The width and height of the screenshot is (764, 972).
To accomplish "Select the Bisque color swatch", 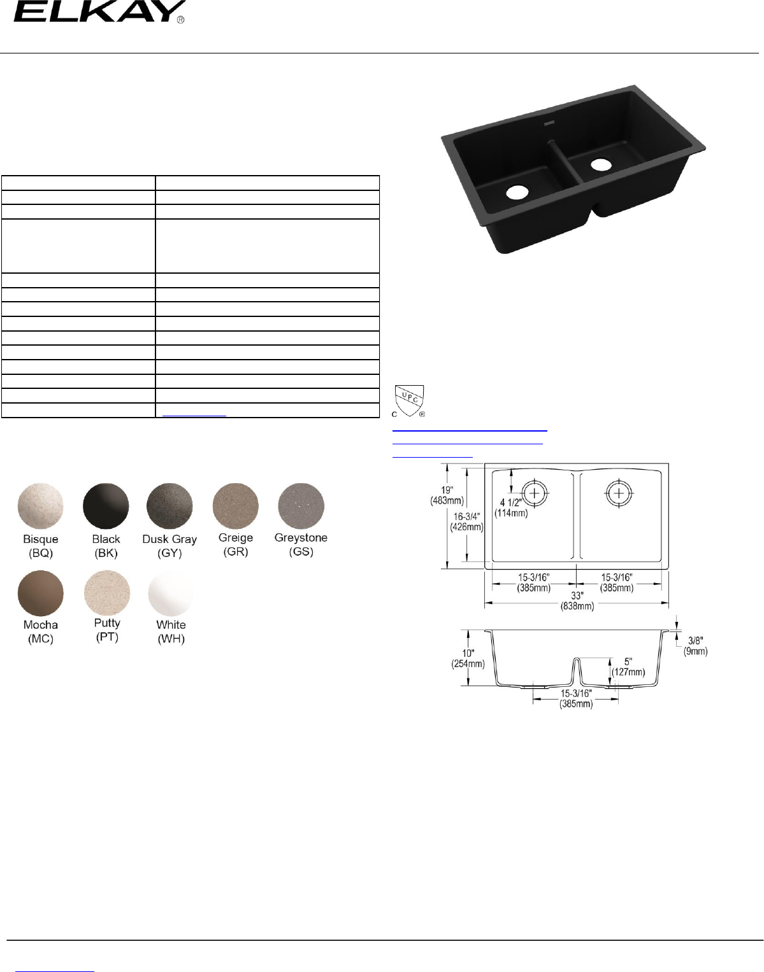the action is point(40,506).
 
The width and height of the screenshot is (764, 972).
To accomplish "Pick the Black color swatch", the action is point(106,506).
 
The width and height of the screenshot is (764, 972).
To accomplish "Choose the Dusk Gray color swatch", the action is point(169,506).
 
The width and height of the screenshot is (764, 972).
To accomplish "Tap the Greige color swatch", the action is point(235,506).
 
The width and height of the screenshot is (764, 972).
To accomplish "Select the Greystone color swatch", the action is point(301,506).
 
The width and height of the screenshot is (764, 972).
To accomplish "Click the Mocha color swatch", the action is point(40,593).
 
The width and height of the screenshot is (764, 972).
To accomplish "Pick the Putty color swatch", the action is point(107,593).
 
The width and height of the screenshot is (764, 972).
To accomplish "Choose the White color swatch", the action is point(171,593).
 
